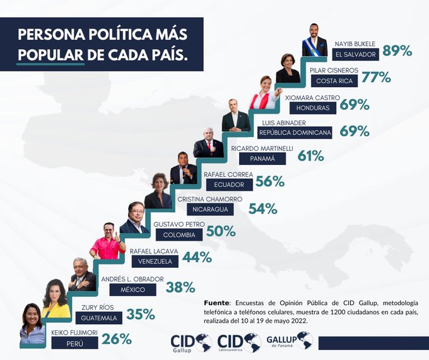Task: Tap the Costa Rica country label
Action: (x=334, y=81)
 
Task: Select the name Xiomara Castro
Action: (x=312, y=98)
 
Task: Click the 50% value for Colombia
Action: (x=221, y=232)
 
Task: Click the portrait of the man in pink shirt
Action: (x=108, y=241)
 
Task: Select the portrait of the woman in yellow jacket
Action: (x=56, y=298)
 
